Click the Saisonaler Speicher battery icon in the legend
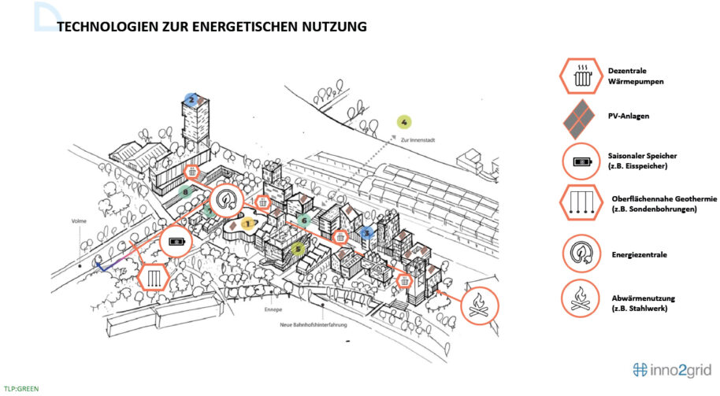coord(582,162)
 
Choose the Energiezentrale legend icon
coord(582,254)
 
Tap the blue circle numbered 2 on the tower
coord(191,99)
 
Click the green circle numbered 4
coord(403,122)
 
